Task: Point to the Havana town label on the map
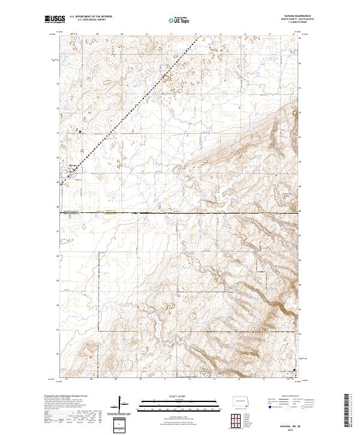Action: [x=73, y=166]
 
